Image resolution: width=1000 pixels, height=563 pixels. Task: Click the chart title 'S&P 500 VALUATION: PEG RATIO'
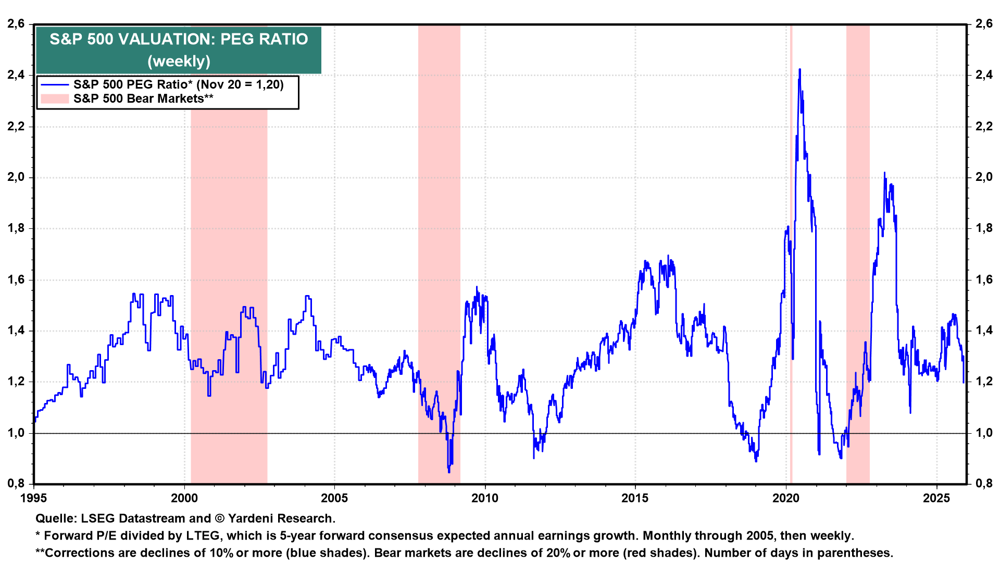[x=179, y=39]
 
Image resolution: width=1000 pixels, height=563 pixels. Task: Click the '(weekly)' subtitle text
[x=179, y=62]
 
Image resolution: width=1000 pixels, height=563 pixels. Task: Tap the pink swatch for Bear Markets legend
[x=55, y=99]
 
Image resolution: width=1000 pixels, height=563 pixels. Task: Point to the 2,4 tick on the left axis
[x=16, y=75]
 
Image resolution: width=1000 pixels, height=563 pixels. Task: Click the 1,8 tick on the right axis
[x=984, y=228]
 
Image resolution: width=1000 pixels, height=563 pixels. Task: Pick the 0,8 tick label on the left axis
[x=16, y=483]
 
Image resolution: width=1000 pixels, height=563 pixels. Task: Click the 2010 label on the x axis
[x=485, y=498]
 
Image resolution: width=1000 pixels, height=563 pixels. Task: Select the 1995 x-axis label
[x=34, y=498]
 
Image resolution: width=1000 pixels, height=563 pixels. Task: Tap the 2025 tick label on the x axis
[x=936, y=498]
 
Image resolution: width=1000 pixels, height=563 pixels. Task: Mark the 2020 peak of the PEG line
[x=799, y=69]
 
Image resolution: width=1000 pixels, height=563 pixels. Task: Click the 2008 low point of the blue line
[x=449, y=472]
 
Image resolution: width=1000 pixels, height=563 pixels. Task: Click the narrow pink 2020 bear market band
[x=791, y=261]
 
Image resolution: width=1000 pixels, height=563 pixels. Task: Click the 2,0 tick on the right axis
[x=984, y=177]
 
